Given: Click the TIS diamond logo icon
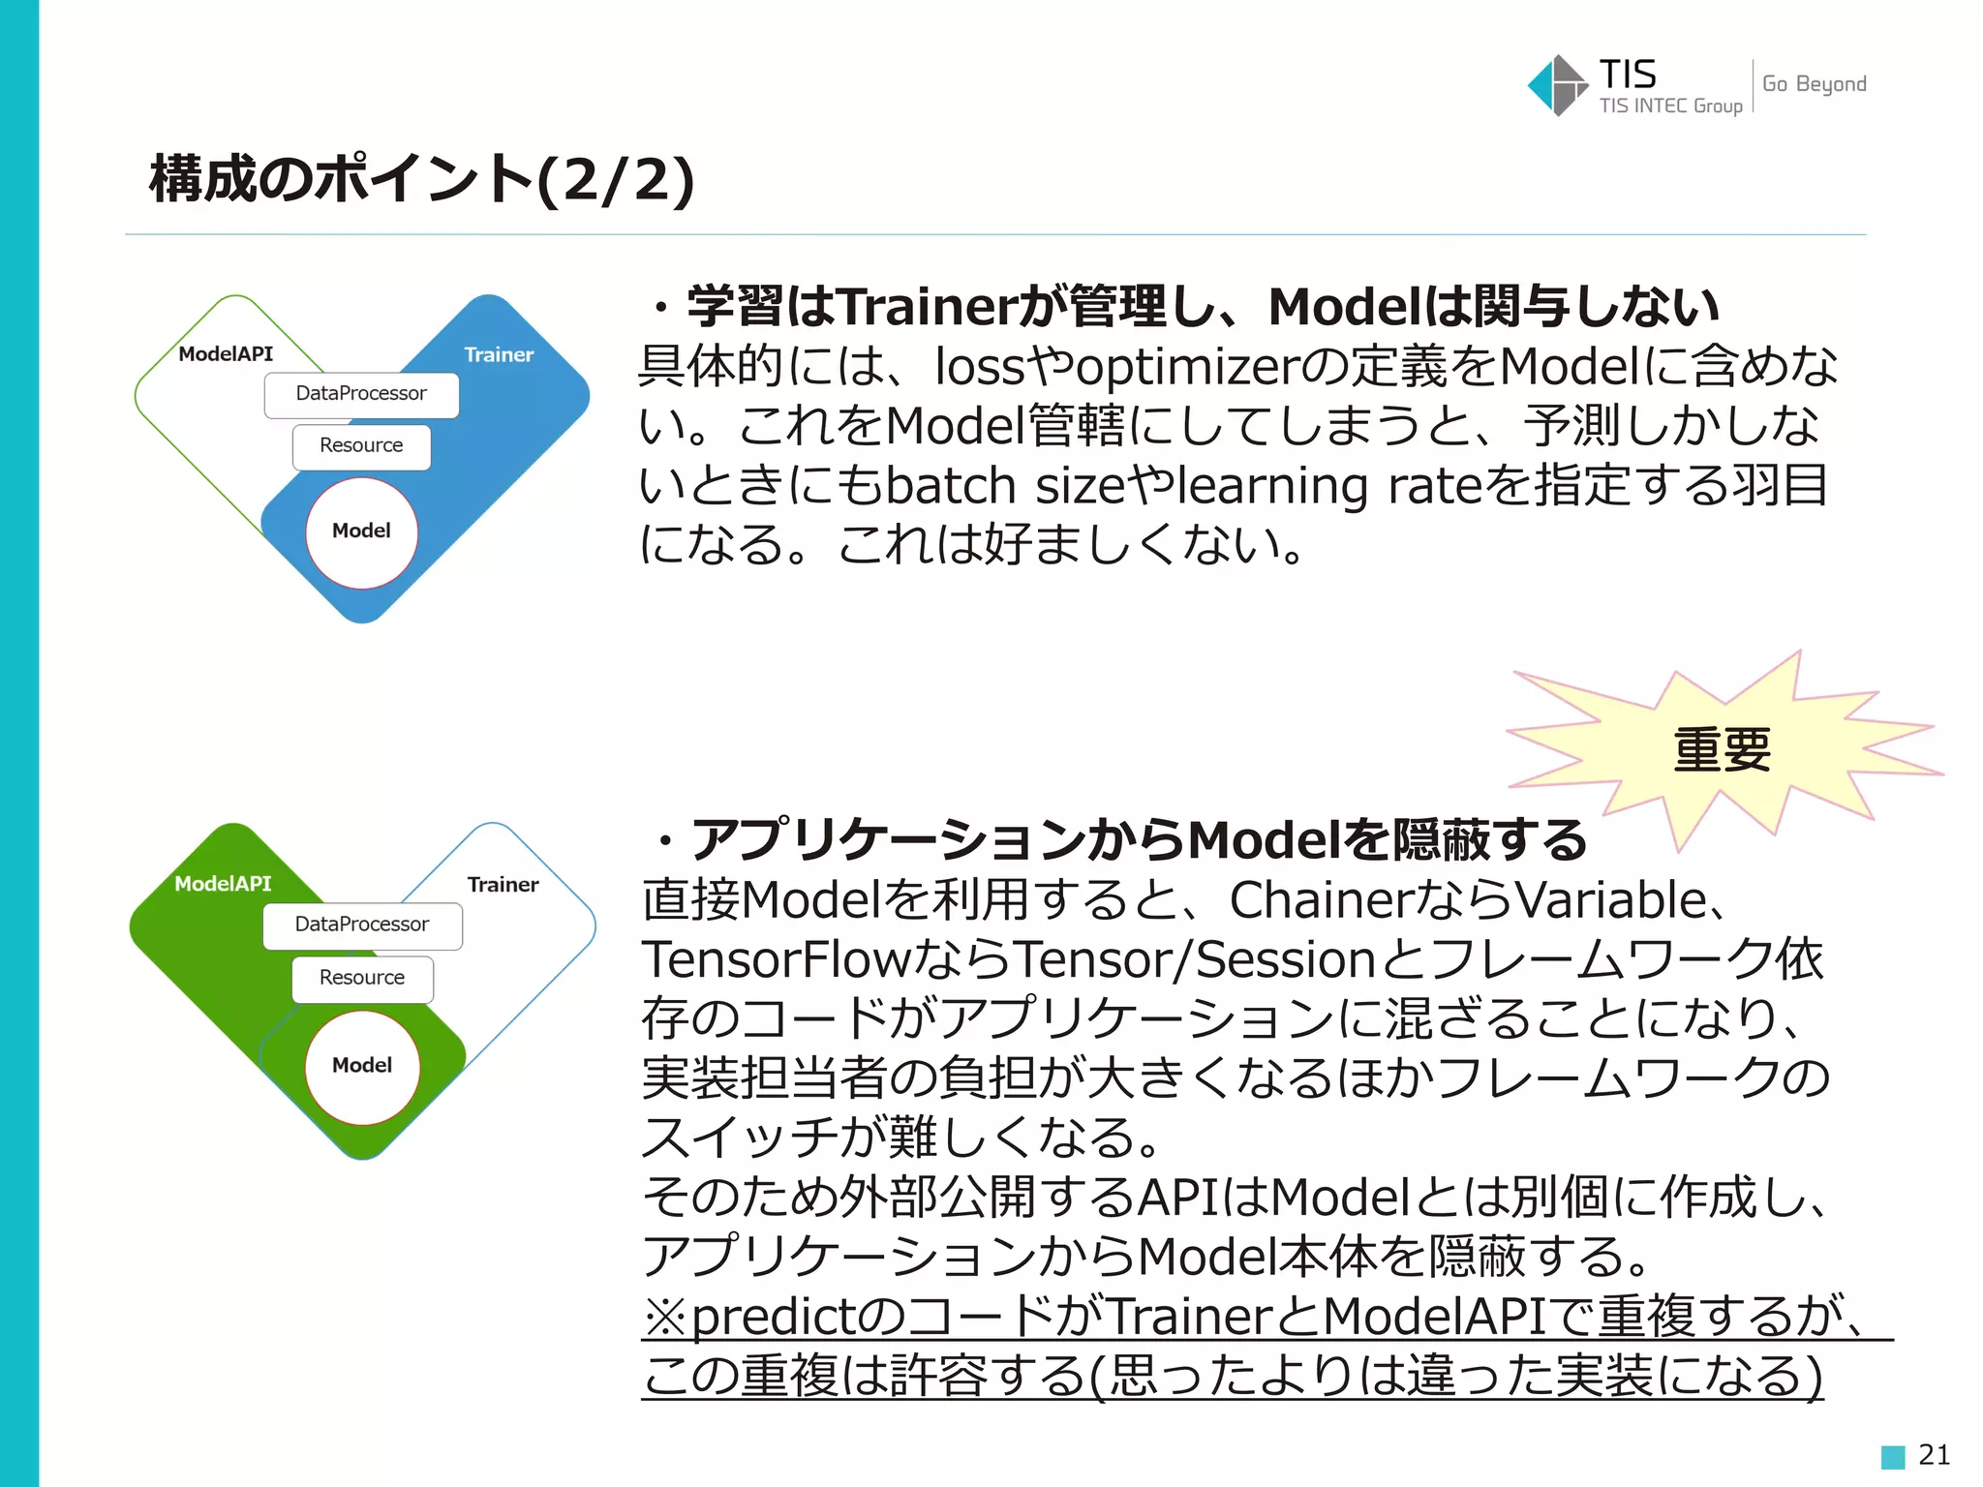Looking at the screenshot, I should point(1557,85).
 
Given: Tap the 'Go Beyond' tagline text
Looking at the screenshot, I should point(1814,84).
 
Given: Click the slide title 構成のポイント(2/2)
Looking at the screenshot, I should point(421,179).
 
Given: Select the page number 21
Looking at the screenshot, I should point(1934,1454).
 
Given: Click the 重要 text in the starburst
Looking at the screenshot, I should point(1722,750).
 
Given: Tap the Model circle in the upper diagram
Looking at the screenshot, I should point(361,531).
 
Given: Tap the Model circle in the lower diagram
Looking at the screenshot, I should point(362,1066).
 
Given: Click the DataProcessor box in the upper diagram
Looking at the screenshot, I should point(361,394).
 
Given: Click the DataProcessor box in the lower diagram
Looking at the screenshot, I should point(362,925).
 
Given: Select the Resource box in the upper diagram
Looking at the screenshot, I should point(361,446).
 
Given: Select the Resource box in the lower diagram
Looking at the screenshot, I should point(362,978).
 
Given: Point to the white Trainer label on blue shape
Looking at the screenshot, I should point(499,355).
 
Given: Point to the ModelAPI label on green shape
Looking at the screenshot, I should point(223,884).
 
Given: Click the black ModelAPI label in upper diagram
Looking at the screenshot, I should point(226,354).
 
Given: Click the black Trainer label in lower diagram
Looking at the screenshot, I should point(503,885).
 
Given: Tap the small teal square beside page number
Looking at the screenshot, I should point(1893,1456).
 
